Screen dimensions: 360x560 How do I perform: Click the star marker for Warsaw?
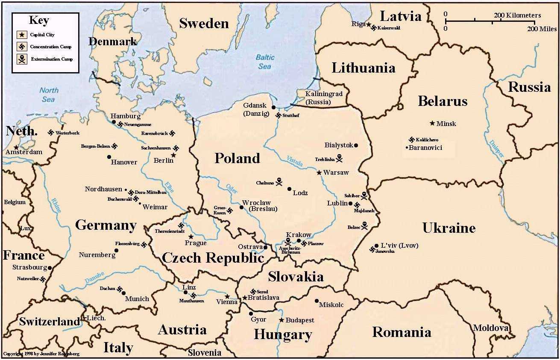click(x=319, y=173)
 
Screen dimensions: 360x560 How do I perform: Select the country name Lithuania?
click(x=363, y=67)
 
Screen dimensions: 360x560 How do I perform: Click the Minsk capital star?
click(x=432, y=123)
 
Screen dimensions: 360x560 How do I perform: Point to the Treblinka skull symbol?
click(x=339, y=159)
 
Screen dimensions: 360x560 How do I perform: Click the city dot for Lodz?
click(x=289, y=189)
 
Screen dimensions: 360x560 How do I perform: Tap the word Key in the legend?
click(x=39, y=20)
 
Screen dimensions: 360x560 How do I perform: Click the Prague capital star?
click(x=191, y=237)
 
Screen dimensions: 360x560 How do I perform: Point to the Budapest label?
click(x=300, y=320)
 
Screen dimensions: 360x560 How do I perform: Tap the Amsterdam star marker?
click(x=16, y=147)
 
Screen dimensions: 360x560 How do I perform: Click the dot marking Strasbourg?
click(x=50, y=268)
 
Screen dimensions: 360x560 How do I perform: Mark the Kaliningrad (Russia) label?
click(x=324, y=98)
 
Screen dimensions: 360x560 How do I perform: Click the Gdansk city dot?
click(x=273, y=108)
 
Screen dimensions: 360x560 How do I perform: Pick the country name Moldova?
click(x=490, y=328)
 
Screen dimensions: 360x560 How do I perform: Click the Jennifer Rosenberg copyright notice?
click(x=41, y=354)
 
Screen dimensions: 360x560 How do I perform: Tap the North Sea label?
click(x=49, y=94)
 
